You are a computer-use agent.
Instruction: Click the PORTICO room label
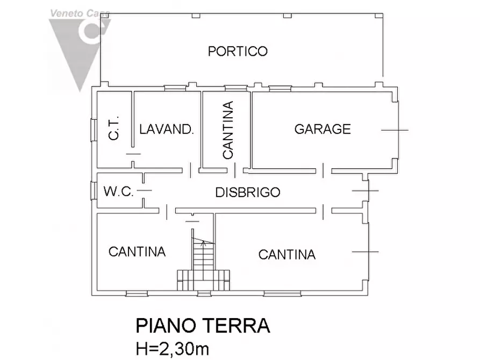coord(238,52)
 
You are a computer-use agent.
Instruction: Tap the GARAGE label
coord(323,129)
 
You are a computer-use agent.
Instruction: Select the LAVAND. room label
coord(166,129)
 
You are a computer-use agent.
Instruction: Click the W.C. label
coord(118,191)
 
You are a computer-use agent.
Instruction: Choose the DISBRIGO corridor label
coord(248,192)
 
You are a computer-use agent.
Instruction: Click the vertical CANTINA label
coord(228,130)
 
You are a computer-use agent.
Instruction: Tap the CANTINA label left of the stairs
coord(137,251)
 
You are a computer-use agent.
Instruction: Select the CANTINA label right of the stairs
coord(286,254)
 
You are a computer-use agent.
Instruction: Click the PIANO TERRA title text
coord(202,326)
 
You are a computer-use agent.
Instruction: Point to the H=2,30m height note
coord(172,349)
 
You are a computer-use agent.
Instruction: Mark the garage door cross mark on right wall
coord(395,130)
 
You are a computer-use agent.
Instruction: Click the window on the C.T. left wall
coord(94,129)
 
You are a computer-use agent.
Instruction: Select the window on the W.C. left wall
coord(94,191)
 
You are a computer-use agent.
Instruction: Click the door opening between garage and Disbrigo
coord(323,170)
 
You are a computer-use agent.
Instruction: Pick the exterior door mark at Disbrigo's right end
coord(367,191)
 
